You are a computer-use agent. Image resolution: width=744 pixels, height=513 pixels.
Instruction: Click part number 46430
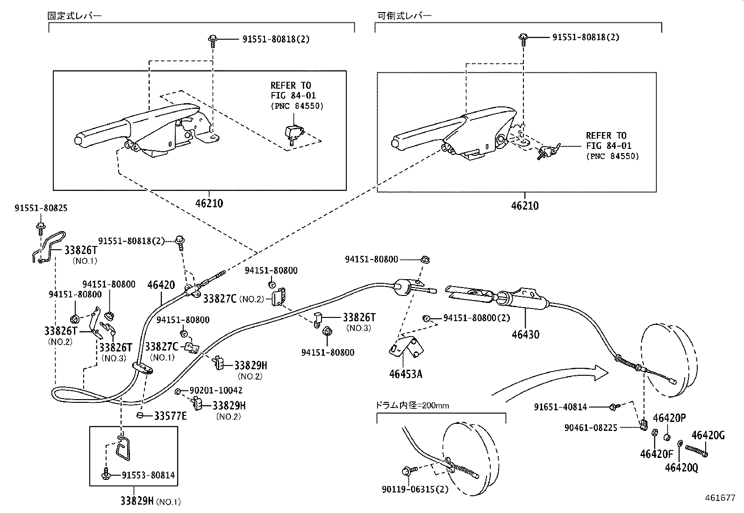[x=525, y=335]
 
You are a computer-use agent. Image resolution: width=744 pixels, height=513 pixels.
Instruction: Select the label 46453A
[x=405, y=374]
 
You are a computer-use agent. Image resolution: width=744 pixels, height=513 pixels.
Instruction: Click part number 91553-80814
[x=148, y=475]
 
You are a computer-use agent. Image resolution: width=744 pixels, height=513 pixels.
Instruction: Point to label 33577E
[x=170, y=416]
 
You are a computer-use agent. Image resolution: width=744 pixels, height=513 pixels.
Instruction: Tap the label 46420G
[x=708, y=436]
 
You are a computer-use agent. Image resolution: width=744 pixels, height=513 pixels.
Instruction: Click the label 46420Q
[x=681, y=467]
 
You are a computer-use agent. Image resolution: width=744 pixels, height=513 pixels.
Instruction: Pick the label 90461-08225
[x=591, y=427]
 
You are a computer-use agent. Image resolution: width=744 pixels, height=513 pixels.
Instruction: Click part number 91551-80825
[x=41, y=208]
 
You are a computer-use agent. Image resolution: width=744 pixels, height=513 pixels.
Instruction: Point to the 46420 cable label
[x=161, y=285]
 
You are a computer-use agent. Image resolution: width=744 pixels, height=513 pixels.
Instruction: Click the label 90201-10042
[x=216, y=390]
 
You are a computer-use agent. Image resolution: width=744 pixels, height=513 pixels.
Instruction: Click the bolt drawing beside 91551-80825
[x=40, y=227]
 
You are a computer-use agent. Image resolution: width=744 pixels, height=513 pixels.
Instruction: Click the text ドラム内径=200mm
[x=412, y=405]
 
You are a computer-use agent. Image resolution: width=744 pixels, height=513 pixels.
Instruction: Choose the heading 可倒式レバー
[x=404, y=15]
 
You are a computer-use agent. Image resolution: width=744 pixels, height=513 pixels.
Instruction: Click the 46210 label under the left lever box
[x=209, y=204]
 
